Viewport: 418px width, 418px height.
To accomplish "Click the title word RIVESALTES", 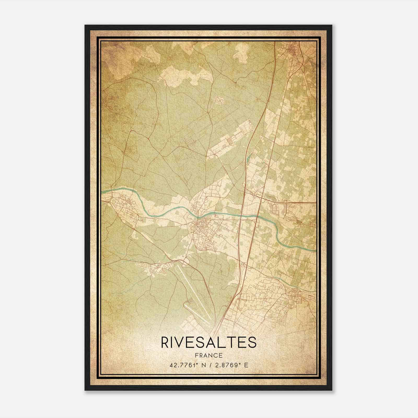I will (209, 342).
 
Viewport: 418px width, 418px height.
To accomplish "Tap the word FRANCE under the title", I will (209, 356).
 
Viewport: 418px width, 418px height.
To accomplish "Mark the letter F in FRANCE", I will (196, 356).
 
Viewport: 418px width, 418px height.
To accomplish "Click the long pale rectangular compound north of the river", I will (230, 141).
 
